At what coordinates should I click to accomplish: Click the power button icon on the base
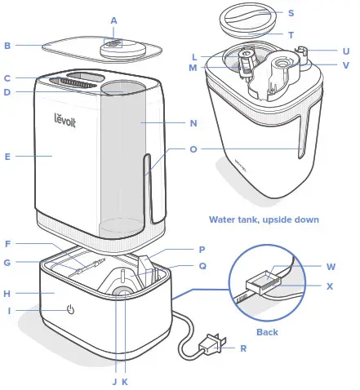[71, 310]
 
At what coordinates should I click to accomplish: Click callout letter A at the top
[113, 20]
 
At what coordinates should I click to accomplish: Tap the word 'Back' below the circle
[267, 332]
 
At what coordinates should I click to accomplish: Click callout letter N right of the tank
[193, 124]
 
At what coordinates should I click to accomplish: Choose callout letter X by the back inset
[331, 286]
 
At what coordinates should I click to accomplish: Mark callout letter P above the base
[201, 251]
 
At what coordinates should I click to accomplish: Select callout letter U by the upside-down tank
[344, 49]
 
